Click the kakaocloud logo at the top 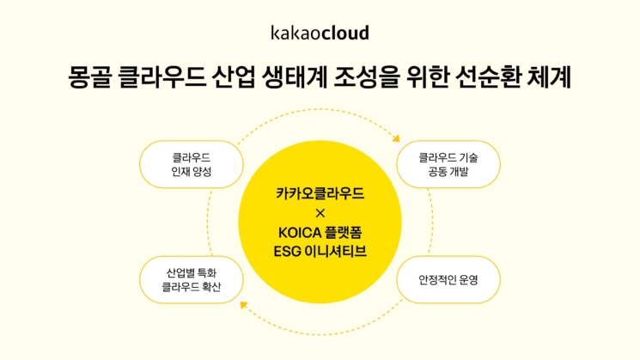pos(320,33)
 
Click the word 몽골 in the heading pos(89,77)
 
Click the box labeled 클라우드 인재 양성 pos(192,164)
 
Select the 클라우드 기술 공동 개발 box pos(448,164)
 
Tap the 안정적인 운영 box pos(448,279)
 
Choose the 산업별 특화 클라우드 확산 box pos(192,279)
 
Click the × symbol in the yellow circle pos(320,213)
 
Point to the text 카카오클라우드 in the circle pos(320,193)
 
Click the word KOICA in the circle pos(300,233)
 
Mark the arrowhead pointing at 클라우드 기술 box pos(396,139)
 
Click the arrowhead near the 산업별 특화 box pos(244,305)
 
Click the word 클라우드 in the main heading pos(162,77)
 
